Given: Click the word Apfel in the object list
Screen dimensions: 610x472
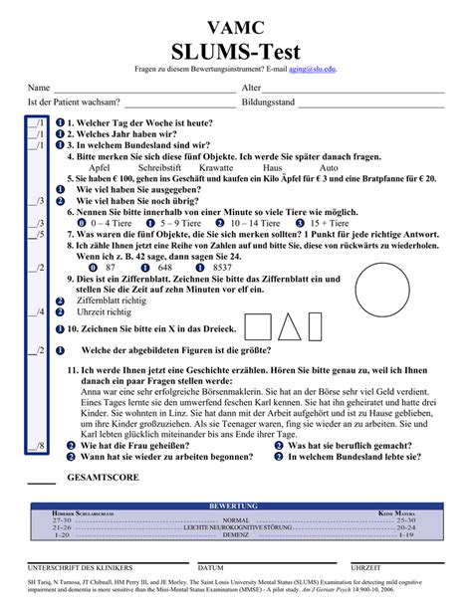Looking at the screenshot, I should [100, 168].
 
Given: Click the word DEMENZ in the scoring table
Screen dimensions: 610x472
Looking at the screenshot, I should [236, 534].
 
